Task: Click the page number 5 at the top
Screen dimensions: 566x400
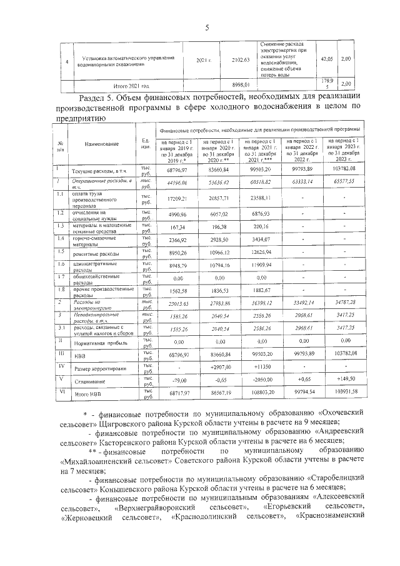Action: pos(206,28)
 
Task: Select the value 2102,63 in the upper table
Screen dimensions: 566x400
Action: pos(240,60)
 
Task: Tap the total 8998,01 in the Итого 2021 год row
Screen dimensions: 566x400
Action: pos(240,84)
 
